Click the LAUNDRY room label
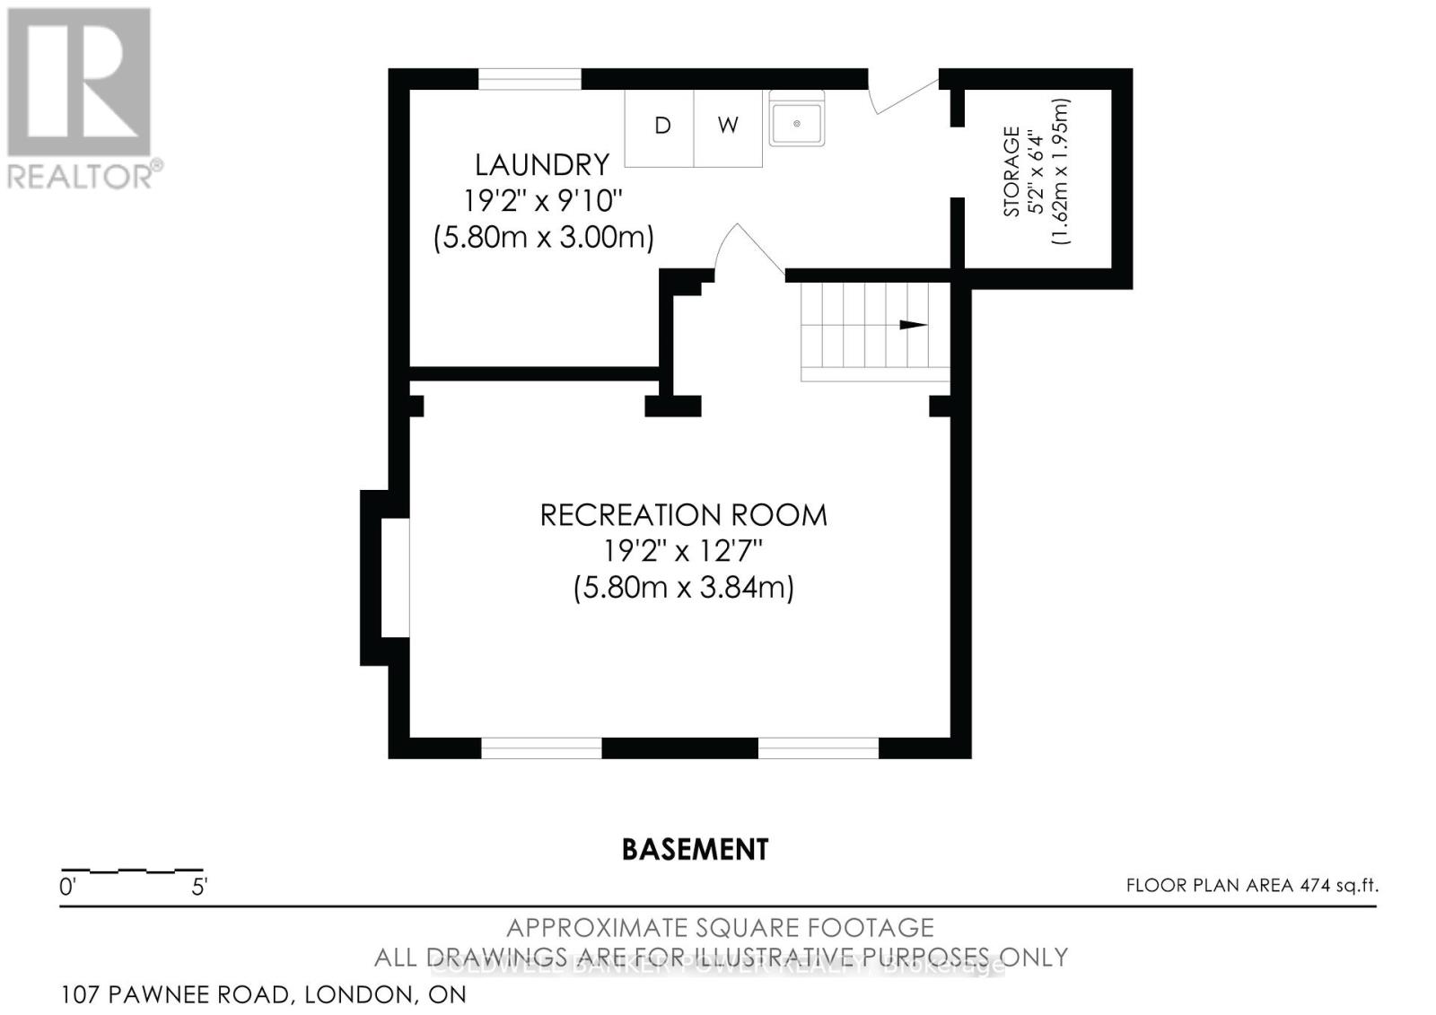541,164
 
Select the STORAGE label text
1011,171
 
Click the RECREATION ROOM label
683,515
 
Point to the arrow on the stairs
913,325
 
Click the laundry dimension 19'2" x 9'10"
542,200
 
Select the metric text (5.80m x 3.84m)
683,588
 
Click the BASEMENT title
695,849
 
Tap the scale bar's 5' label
199,888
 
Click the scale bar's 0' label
67,888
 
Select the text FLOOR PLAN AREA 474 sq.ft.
1251,886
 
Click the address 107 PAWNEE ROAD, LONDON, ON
264,994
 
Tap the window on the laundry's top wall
530,79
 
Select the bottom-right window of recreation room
818,748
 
